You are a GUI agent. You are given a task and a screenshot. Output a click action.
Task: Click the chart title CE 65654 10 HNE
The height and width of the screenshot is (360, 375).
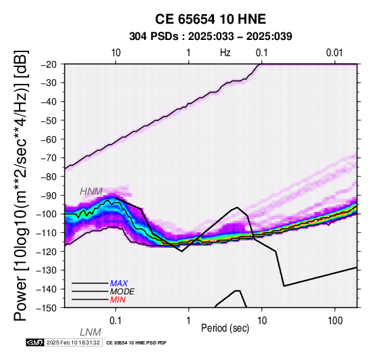point(211,19)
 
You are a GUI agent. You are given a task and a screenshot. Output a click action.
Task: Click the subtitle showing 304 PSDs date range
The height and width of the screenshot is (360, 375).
point(211,37)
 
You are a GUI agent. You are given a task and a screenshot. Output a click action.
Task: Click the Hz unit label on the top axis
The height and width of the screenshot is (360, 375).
point(225,53)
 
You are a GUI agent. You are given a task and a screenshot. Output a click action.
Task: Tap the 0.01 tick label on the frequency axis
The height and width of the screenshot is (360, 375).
point(334,53)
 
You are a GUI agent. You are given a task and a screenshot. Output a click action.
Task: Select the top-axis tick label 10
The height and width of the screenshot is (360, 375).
point(116,53)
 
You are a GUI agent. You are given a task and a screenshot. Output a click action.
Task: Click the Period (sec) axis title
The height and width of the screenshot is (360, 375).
point(225,328)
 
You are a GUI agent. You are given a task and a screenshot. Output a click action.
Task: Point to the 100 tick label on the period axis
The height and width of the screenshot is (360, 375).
point(335,321)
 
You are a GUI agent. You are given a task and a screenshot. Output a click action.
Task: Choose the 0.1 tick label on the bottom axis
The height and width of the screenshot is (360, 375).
point(116,321)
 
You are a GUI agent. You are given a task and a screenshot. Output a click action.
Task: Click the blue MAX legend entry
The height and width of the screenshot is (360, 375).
point(119,284)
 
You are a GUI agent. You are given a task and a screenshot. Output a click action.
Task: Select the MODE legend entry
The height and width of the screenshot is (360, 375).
point(123,292)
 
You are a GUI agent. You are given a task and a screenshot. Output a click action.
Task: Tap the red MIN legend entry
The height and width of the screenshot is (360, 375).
point(118,300)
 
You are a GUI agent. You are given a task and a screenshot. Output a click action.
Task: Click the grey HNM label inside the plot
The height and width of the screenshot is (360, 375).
point(91,192)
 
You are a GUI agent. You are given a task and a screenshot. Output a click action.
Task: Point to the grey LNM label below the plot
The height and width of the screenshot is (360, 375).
point(91,332)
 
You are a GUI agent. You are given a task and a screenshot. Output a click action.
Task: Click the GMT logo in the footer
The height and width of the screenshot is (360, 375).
point(35,342)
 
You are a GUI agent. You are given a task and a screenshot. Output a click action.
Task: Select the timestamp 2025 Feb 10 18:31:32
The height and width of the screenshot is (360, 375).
point(73,342)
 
